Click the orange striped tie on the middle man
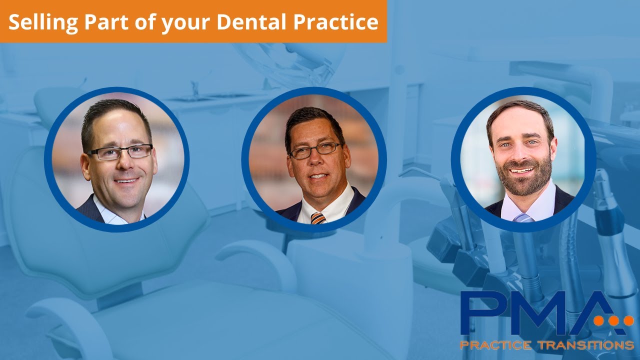pos(318,217)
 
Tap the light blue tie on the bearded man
pos(523,218)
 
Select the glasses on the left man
pos(120,152)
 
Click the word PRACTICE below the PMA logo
pos(495,345)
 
